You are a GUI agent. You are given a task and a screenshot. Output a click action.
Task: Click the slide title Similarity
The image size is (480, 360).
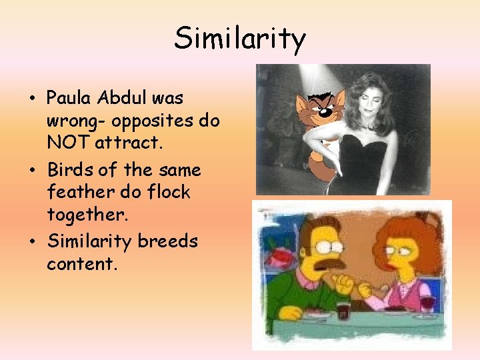239,39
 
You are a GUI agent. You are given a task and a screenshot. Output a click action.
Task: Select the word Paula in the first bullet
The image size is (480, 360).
69,98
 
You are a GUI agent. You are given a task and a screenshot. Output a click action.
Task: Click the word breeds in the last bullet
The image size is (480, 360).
168,241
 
